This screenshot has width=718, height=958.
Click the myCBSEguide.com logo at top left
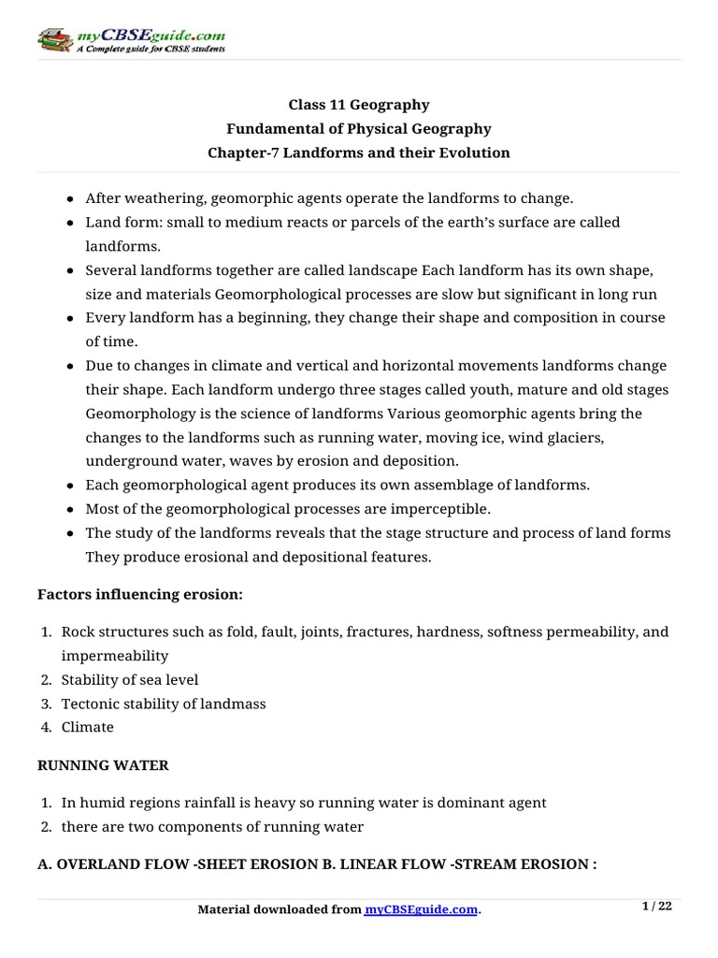pos(131,40)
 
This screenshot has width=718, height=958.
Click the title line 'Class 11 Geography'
pos(359,105)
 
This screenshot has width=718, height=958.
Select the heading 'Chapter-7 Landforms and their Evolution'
pos(359,152)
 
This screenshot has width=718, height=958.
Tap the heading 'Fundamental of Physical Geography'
pos(359,129)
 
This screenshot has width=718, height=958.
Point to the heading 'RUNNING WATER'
pos(103,765)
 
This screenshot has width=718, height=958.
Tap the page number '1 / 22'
pos(657,906)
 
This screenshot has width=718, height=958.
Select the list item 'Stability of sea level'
pos(130,679)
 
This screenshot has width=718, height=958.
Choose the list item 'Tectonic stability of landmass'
pos(164,704)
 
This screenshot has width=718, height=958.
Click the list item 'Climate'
pos(88,727)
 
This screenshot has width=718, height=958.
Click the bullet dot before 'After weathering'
pos(72,199)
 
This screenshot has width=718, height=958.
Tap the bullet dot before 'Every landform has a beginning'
pos(72,318)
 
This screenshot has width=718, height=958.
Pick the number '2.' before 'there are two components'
pos(46,827)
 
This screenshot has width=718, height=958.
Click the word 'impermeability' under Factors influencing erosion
pos(115,656)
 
